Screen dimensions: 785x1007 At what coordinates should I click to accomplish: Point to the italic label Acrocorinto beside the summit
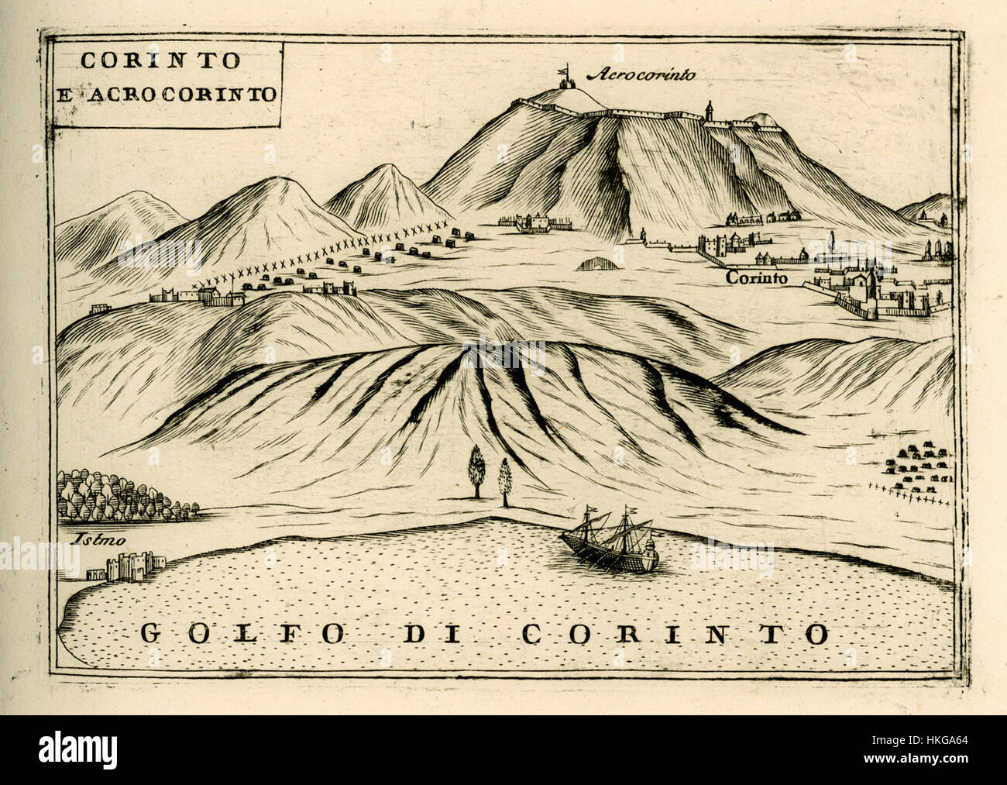(642, 75)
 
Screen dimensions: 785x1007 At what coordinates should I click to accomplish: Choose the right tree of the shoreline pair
(506, 480)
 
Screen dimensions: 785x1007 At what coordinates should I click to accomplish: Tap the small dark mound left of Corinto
(596, 264)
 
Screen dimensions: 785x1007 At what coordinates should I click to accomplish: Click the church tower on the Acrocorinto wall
(708, 111)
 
